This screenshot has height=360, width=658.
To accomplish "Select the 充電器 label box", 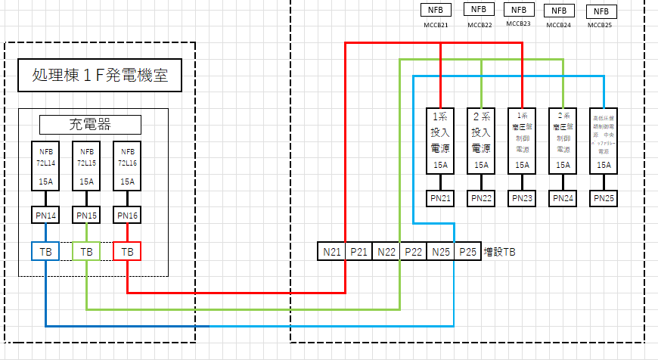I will pyautogui.click(x=90, y=124).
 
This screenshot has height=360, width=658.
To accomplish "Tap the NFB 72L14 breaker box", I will pyautogui.click(x=45, y=166).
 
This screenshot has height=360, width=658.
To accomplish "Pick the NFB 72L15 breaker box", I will pyautogui.click(x=86, y=166).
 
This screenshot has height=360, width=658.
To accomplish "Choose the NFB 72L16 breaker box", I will pyautogui.click(x=127, y=166).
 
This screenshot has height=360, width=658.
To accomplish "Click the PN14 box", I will pyautogui.click(x=45, y=216).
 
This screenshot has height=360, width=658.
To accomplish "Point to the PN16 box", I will pyautogui.click(x=127, y=216).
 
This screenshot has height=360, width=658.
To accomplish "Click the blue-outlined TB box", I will pyautogui.click(x=45, y=250).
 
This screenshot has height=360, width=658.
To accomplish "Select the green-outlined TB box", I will pyautogui.click(x=86, y=250).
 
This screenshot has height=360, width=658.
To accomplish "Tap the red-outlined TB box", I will pyautogui.click(x=127, y=250).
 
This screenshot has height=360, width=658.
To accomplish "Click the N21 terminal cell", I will pyautogui.click(x=331, y=251).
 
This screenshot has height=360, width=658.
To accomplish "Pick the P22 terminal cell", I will pyautogui.click(x=413, y=251).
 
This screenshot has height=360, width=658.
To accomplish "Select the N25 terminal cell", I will pyautogui.click(x=440, y=251).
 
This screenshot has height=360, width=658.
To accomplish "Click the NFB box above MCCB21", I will pyautogui.click(x=436, y=11).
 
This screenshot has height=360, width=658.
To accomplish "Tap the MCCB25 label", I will pyautogui.click(x=601, y=25).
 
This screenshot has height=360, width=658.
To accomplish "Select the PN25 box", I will pyautogui.click(x=604, y=198).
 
